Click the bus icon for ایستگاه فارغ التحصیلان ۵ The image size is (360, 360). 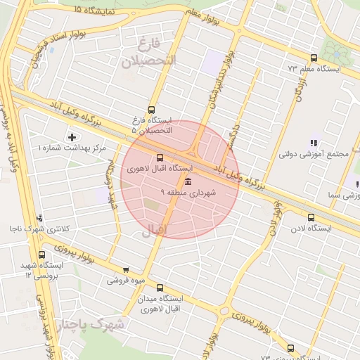[x=151, y=109]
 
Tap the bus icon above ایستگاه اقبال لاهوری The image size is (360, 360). [x=160, y=157]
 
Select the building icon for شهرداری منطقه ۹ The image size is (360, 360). [x=187, y=181]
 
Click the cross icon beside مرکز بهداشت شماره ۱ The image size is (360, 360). [x=72, y=136]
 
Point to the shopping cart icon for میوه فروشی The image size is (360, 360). [x=126, y=269]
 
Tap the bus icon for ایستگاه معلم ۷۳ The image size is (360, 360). [x=314, y=58]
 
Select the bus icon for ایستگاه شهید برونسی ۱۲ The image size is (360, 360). [x=42, y=255]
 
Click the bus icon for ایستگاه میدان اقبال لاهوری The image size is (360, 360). [x=160, y=287]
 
